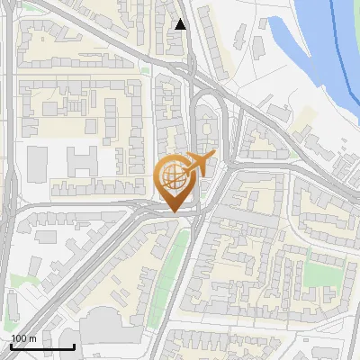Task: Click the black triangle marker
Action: [181, 24]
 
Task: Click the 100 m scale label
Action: [23, 338]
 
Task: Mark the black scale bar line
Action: [42, 346]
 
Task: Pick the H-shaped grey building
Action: [83, 162]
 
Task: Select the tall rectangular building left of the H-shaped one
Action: [37, 162]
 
